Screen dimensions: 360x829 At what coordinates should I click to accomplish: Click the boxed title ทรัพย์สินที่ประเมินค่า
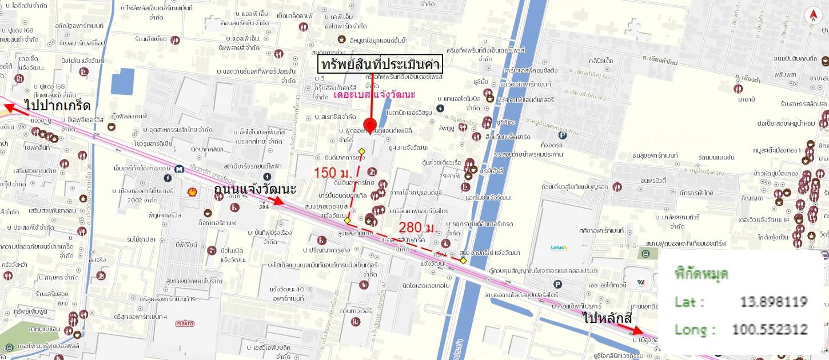pos(380,64)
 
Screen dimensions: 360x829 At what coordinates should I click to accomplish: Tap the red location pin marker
pos(369,125)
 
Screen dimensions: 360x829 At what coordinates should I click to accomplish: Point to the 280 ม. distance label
pos(416,227)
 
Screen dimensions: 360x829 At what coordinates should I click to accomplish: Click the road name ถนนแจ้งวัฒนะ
pos(254,189)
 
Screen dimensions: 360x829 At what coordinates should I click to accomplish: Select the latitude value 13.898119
pos(774,302)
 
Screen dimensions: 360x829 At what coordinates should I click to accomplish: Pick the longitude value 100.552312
pos(770,329)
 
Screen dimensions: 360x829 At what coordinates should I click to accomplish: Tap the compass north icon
pos(812,15)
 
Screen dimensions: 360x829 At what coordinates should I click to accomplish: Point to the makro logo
pos(185,323)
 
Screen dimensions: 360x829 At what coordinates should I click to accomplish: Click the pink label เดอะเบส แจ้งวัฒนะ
pos(374,94)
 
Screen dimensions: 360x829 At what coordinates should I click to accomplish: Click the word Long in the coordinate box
pos(690,330)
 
